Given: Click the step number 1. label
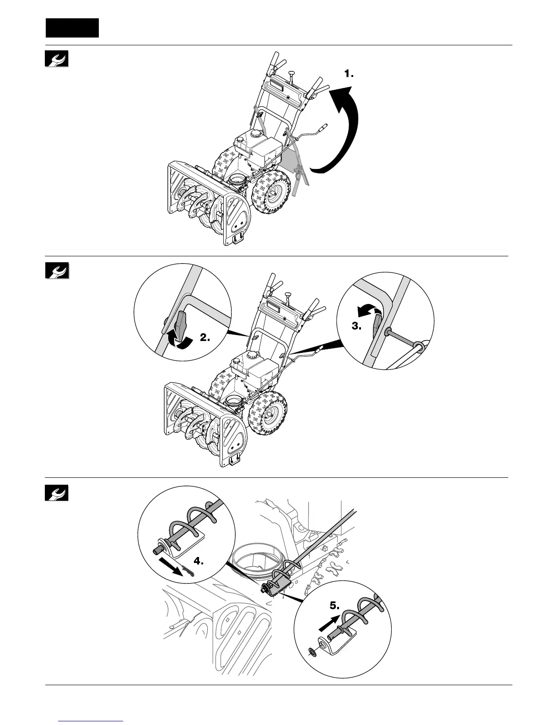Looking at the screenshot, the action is [349, 74].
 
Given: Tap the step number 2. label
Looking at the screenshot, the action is [205, 338].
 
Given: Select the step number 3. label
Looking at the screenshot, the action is [357, 327].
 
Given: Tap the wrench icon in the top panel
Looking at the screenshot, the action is [57, 59].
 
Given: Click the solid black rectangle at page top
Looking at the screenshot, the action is [72, 28].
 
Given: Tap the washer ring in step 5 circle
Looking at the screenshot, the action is [312, 650].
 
